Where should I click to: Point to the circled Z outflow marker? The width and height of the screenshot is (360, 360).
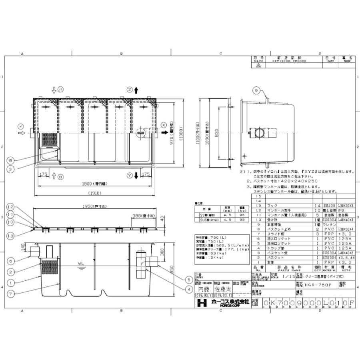pos(129,89)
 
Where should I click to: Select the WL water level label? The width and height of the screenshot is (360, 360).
pos(82,263)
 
